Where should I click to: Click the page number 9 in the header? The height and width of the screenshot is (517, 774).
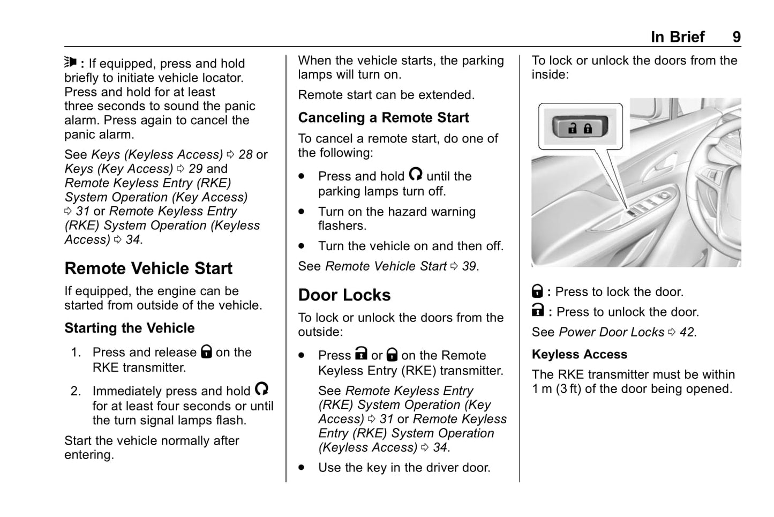pyautogui.click(x=737, y=36)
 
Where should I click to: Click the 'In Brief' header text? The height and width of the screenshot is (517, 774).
pyautogui.click(x=678, y=36)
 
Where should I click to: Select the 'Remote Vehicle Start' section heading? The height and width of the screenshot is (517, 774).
pyautogui.click(x=148, y=268)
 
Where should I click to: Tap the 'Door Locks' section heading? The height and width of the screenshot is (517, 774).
pyautogui.click(x=344, y=295)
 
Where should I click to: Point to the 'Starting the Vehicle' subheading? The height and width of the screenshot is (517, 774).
pyautogui.click(x=130, y=328)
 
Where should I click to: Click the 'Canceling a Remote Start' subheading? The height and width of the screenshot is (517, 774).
pyautogui.click(x=383, y=118)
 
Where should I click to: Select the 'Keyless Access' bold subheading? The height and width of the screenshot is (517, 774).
pyautogui.click(x=579, y=355)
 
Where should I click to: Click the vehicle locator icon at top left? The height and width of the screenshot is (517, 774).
pyautogui.click(x=71, y=62)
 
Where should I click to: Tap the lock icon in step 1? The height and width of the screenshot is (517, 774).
pyautogui.click(x=206, y=351)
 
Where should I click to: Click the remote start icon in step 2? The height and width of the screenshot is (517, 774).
pyautogui.click(x=261, y=389)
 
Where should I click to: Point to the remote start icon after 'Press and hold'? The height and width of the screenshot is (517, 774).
pyautogui.click(x=415, y=174)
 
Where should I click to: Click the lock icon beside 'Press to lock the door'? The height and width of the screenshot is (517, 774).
pyautogui.click(x=537, y=291)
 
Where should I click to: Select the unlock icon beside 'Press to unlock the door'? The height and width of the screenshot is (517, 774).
pyautogui.click(x=538, y=310)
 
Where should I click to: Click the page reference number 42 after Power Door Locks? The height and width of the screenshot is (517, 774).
pyautogui.click(x=687, y=332)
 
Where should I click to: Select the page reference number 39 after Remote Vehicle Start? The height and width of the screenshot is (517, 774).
pyautogui.click(x=469, y=266)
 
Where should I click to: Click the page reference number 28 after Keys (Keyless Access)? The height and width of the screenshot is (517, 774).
pyautogui.click(x=245, y=155)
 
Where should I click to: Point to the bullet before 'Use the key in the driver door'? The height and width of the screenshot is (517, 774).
pyautogui.click(x=302, y=468)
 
